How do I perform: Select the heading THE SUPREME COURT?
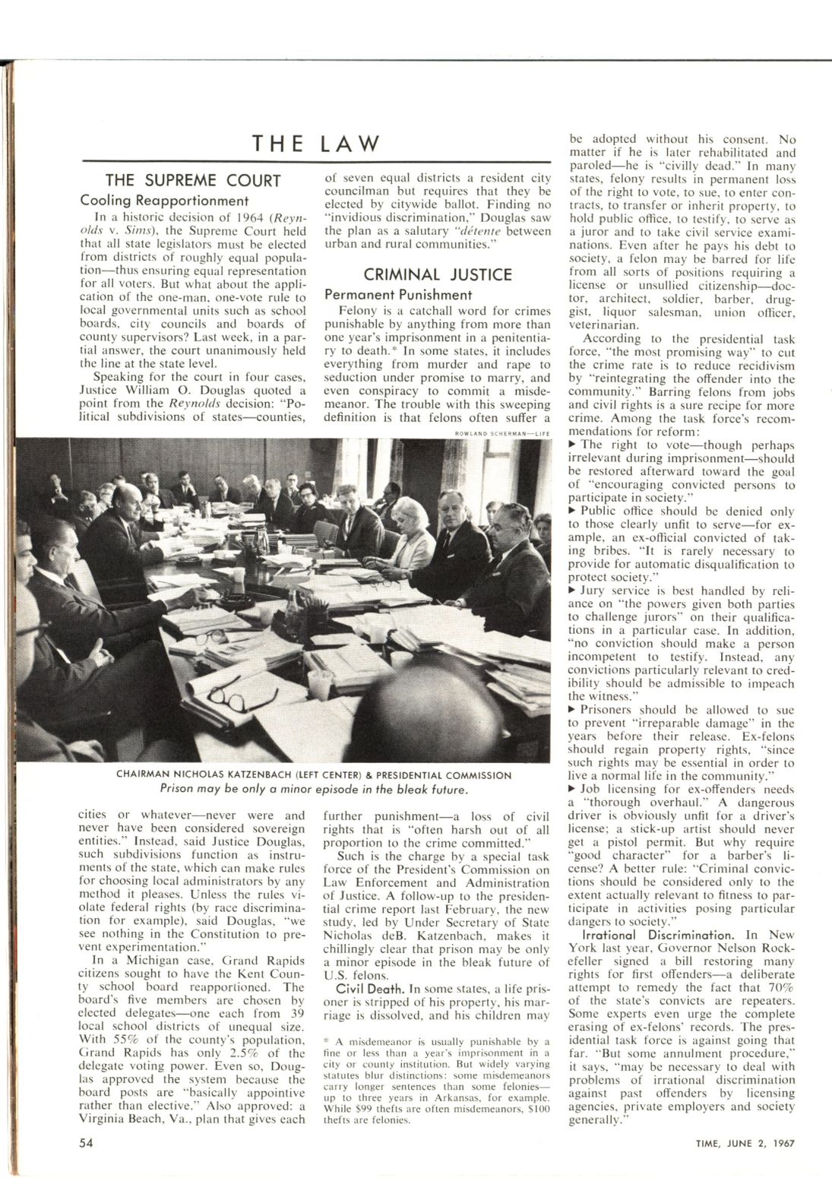click(x=193, y=180)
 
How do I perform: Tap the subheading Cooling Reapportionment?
click(x=165, y=201)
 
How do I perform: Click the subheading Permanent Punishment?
click(x=398, y=294)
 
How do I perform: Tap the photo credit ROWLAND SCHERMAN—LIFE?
click(x=501, y=434)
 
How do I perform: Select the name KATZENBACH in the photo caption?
click(x=293, y=775)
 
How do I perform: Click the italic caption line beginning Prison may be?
click(x=313, y=789)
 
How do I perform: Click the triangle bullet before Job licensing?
click(x=573, y=790)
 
